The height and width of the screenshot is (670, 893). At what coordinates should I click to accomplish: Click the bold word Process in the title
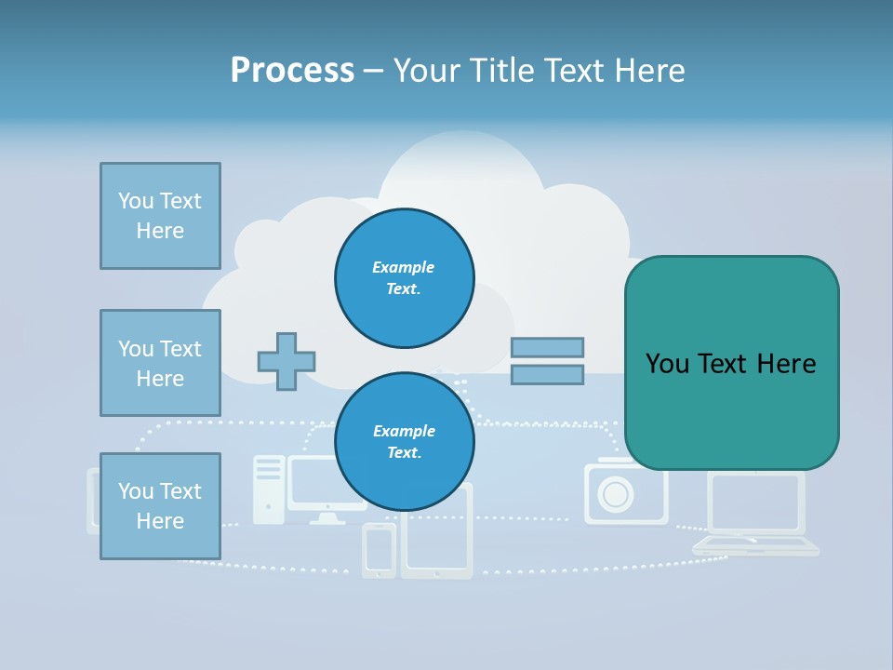[x=292, y=71]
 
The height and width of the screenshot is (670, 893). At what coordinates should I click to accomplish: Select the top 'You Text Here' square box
[x=160, y=216]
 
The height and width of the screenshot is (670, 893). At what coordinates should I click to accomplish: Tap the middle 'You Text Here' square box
[x=160, y=363]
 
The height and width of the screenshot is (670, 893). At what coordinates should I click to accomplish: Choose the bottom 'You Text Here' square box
[x=160, y=506]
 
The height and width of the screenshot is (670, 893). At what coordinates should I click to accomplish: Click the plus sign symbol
[x=287, y=361]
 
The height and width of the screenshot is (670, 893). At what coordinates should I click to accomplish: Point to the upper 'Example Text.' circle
[x=405, y=277]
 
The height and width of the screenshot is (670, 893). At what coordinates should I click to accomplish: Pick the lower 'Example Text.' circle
[x=405, y=441]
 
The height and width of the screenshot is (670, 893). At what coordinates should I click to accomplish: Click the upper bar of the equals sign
[x=547, y=347]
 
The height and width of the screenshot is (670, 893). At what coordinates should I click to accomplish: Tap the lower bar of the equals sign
[x=547, y=375]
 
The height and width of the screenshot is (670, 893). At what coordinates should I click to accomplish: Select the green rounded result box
[x=731, y=363]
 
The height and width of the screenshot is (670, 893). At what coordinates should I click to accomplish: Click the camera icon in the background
[x=625, y=493]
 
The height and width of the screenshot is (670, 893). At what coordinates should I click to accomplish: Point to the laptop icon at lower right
[x=755, y=516]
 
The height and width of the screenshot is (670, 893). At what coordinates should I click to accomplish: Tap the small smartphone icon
[x=379, y=550]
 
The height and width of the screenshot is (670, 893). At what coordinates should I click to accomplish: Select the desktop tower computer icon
[x=269, y=489]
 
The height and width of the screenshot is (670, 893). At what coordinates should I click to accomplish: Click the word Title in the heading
[x=500, y=71]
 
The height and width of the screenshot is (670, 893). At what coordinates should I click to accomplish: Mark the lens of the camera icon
[x=615, y=494]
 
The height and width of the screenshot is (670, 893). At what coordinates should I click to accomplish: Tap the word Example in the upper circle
[x=404, y=267]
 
